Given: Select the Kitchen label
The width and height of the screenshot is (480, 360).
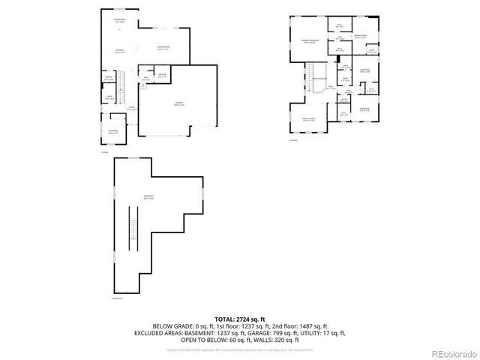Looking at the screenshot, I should click(120, 52).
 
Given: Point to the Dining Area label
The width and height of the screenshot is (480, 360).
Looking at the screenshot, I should click(119, 20).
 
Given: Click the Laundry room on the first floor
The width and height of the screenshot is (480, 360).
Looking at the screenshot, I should click(161, 74).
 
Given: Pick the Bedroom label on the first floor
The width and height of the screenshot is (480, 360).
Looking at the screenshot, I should click(112, 133).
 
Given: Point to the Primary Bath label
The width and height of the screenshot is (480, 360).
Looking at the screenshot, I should click(361, 37).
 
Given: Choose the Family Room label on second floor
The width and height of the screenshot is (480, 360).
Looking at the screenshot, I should click(307, 120).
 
